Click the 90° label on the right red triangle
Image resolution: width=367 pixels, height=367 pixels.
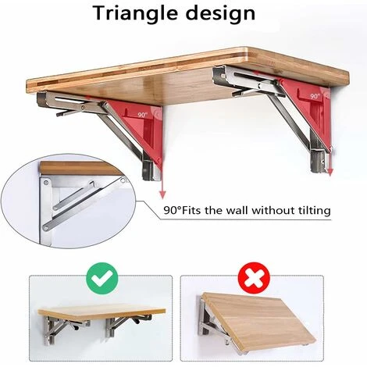point(314,95)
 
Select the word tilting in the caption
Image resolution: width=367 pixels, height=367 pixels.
point(310,210)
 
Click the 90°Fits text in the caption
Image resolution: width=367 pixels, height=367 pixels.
point(185,210)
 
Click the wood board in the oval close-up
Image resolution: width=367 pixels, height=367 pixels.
point(78,168)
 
